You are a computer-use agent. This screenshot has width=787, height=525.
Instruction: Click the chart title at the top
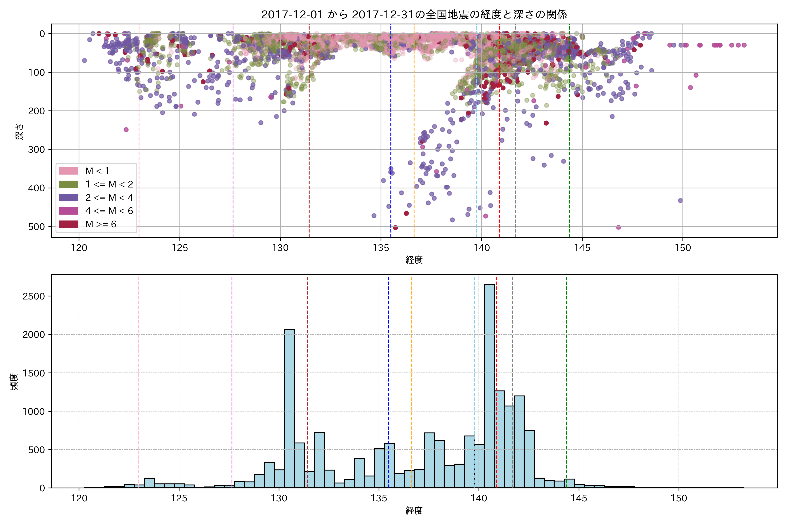tap(414, 14)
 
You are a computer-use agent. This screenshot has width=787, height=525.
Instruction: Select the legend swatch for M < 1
tap(69, 171)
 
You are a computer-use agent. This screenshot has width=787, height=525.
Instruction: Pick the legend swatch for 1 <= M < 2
tap(69, 184)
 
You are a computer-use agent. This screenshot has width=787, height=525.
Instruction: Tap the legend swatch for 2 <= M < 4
tap(69, 198)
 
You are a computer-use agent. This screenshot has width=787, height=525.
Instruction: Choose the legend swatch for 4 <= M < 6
tap(69, 211)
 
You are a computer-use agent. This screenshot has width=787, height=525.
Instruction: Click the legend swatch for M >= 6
tap(69, 224)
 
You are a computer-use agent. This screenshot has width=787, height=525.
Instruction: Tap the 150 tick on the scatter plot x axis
tap(683, 248)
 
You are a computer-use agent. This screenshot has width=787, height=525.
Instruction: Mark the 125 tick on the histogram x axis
tap(179, 498)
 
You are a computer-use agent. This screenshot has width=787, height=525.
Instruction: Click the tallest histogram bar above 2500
tap(489, 385)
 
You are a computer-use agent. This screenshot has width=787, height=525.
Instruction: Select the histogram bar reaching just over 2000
tap(289, 408)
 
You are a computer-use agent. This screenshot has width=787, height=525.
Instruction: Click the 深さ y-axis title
tap(19, 131)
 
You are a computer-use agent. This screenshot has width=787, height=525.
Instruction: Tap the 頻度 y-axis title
tap(14, 382)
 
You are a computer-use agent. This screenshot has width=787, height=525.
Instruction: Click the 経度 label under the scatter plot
tap(414, 260)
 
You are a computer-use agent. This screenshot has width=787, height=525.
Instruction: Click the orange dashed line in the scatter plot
tap(414, 134)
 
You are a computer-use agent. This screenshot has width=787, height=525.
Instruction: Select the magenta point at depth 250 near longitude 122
tap(126, 129)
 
